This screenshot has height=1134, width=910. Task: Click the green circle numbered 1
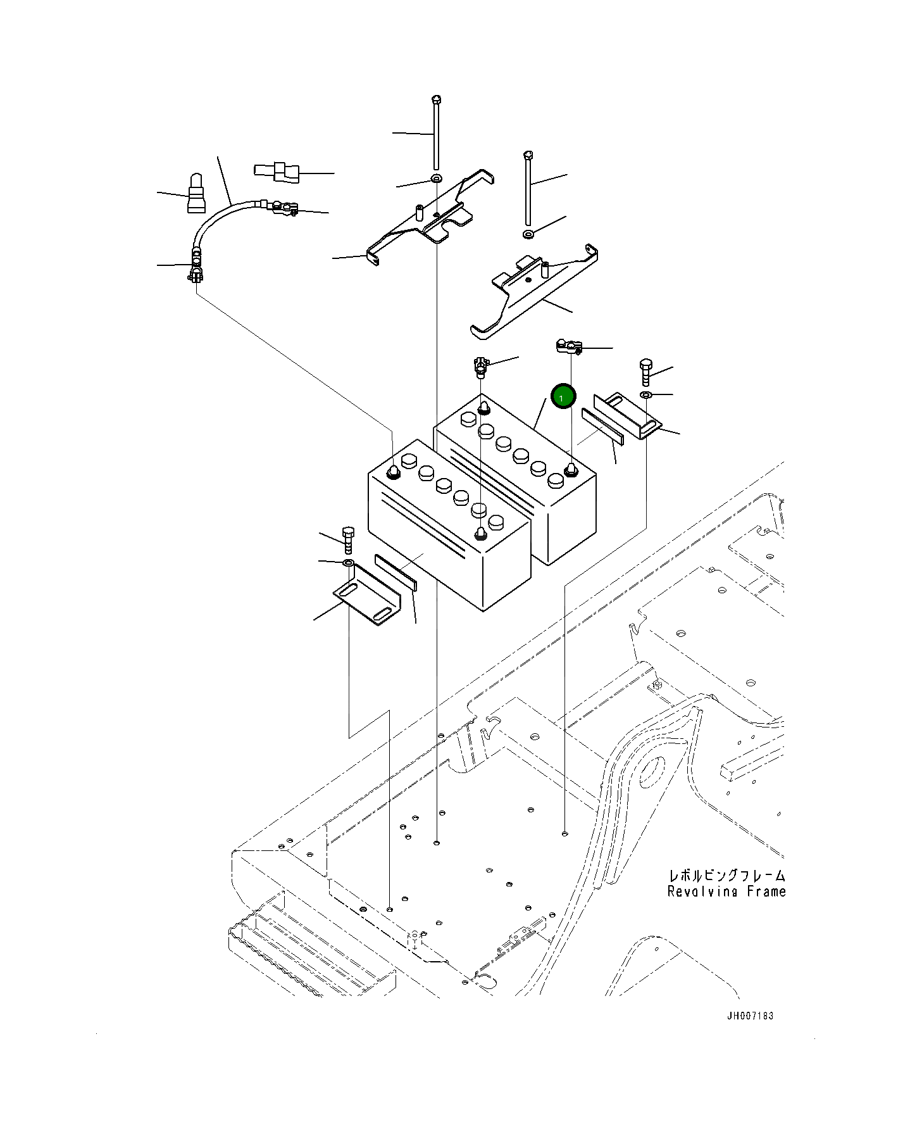coord(563,397)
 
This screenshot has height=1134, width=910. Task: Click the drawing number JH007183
coord(750,1016)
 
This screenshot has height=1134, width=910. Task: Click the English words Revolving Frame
coord(726,891)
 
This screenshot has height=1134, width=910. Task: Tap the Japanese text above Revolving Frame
coord(727,876)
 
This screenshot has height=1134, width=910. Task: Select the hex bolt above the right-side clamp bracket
coord(645,373)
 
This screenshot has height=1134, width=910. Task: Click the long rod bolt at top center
coord(436,133)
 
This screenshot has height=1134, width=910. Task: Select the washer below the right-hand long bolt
coord(529,235)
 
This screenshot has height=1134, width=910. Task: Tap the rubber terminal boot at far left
coord(196,195)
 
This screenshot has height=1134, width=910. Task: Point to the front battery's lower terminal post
coord(480,534)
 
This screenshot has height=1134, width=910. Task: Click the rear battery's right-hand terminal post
coord(570,469)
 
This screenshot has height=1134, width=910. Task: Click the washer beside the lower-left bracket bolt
coord(347,563)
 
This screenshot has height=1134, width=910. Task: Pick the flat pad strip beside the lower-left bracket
coord(396,572)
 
